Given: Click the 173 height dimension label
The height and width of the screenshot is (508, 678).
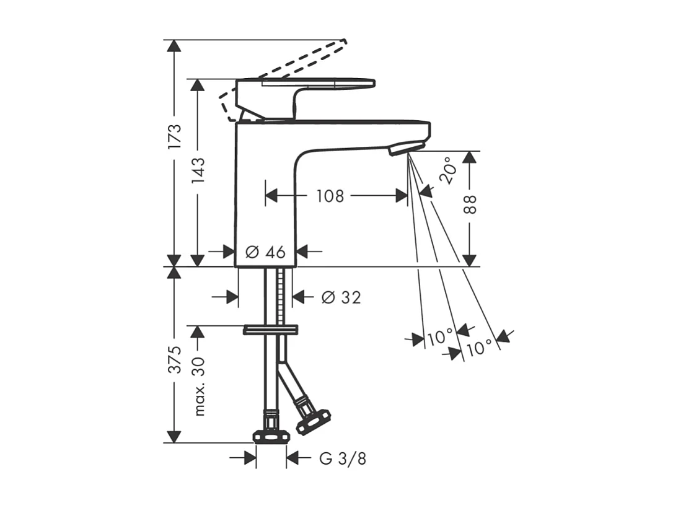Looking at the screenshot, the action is coord(175,137).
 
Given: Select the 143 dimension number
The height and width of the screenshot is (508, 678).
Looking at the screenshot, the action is coord(198,170).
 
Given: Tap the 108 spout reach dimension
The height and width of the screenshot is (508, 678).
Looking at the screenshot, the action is coord(330,196).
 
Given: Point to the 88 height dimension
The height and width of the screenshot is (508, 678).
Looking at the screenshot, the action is coord(470,204).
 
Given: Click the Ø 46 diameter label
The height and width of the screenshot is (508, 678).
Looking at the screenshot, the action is coord(265,251).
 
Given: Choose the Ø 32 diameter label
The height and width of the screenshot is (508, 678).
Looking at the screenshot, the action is coord(341,297).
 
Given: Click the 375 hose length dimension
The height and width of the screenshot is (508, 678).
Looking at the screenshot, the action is coord(175,359).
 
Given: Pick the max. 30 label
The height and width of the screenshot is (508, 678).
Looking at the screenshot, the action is coord(198,386).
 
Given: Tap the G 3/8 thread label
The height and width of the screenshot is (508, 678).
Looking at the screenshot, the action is coord(343,458).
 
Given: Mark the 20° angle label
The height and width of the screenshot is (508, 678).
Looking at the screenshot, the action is coord(448,170).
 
